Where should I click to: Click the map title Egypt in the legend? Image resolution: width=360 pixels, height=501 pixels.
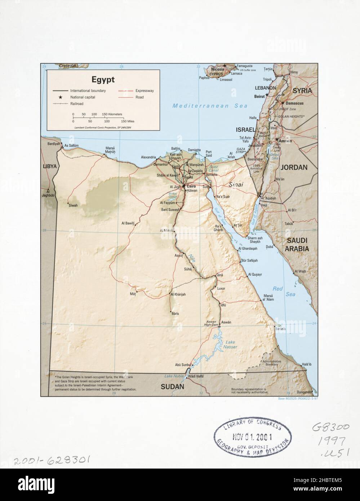103,79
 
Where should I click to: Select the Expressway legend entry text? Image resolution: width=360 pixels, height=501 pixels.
145,91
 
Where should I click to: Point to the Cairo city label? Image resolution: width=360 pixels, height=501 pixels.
191,186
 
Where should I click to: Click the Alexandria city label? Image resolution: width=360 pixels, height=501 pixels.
148,158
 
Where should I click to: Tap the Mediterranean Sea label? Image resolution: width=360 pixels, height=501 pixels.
210,106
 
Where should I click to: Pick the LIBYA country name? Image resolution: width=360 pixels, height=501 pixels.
50,167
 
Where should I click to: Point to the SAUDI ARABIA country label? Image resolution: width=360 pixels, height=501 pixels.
297,244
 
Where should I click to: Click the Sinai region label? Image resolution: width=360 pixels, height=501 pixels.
235,184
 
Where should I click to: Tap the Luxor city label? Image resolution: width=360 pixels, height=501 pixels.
221,289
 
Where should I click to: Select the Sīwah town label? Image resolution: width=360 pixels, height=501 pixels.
73,205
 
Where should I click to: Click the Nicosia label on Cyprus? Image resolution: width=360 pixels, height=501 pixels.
218,68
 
